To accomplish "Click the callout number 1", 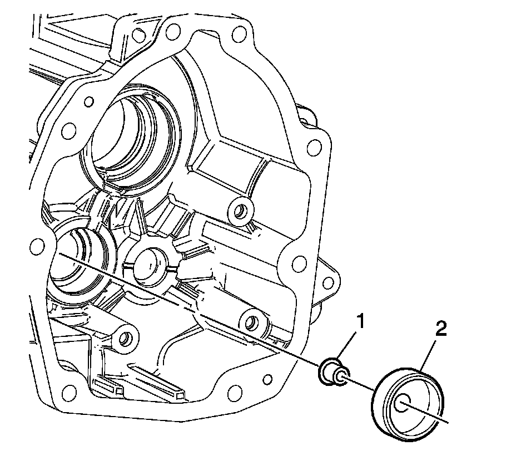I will [x=360, y=321].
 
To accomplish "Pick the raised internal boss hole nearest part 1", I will [x=251, y=321].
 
